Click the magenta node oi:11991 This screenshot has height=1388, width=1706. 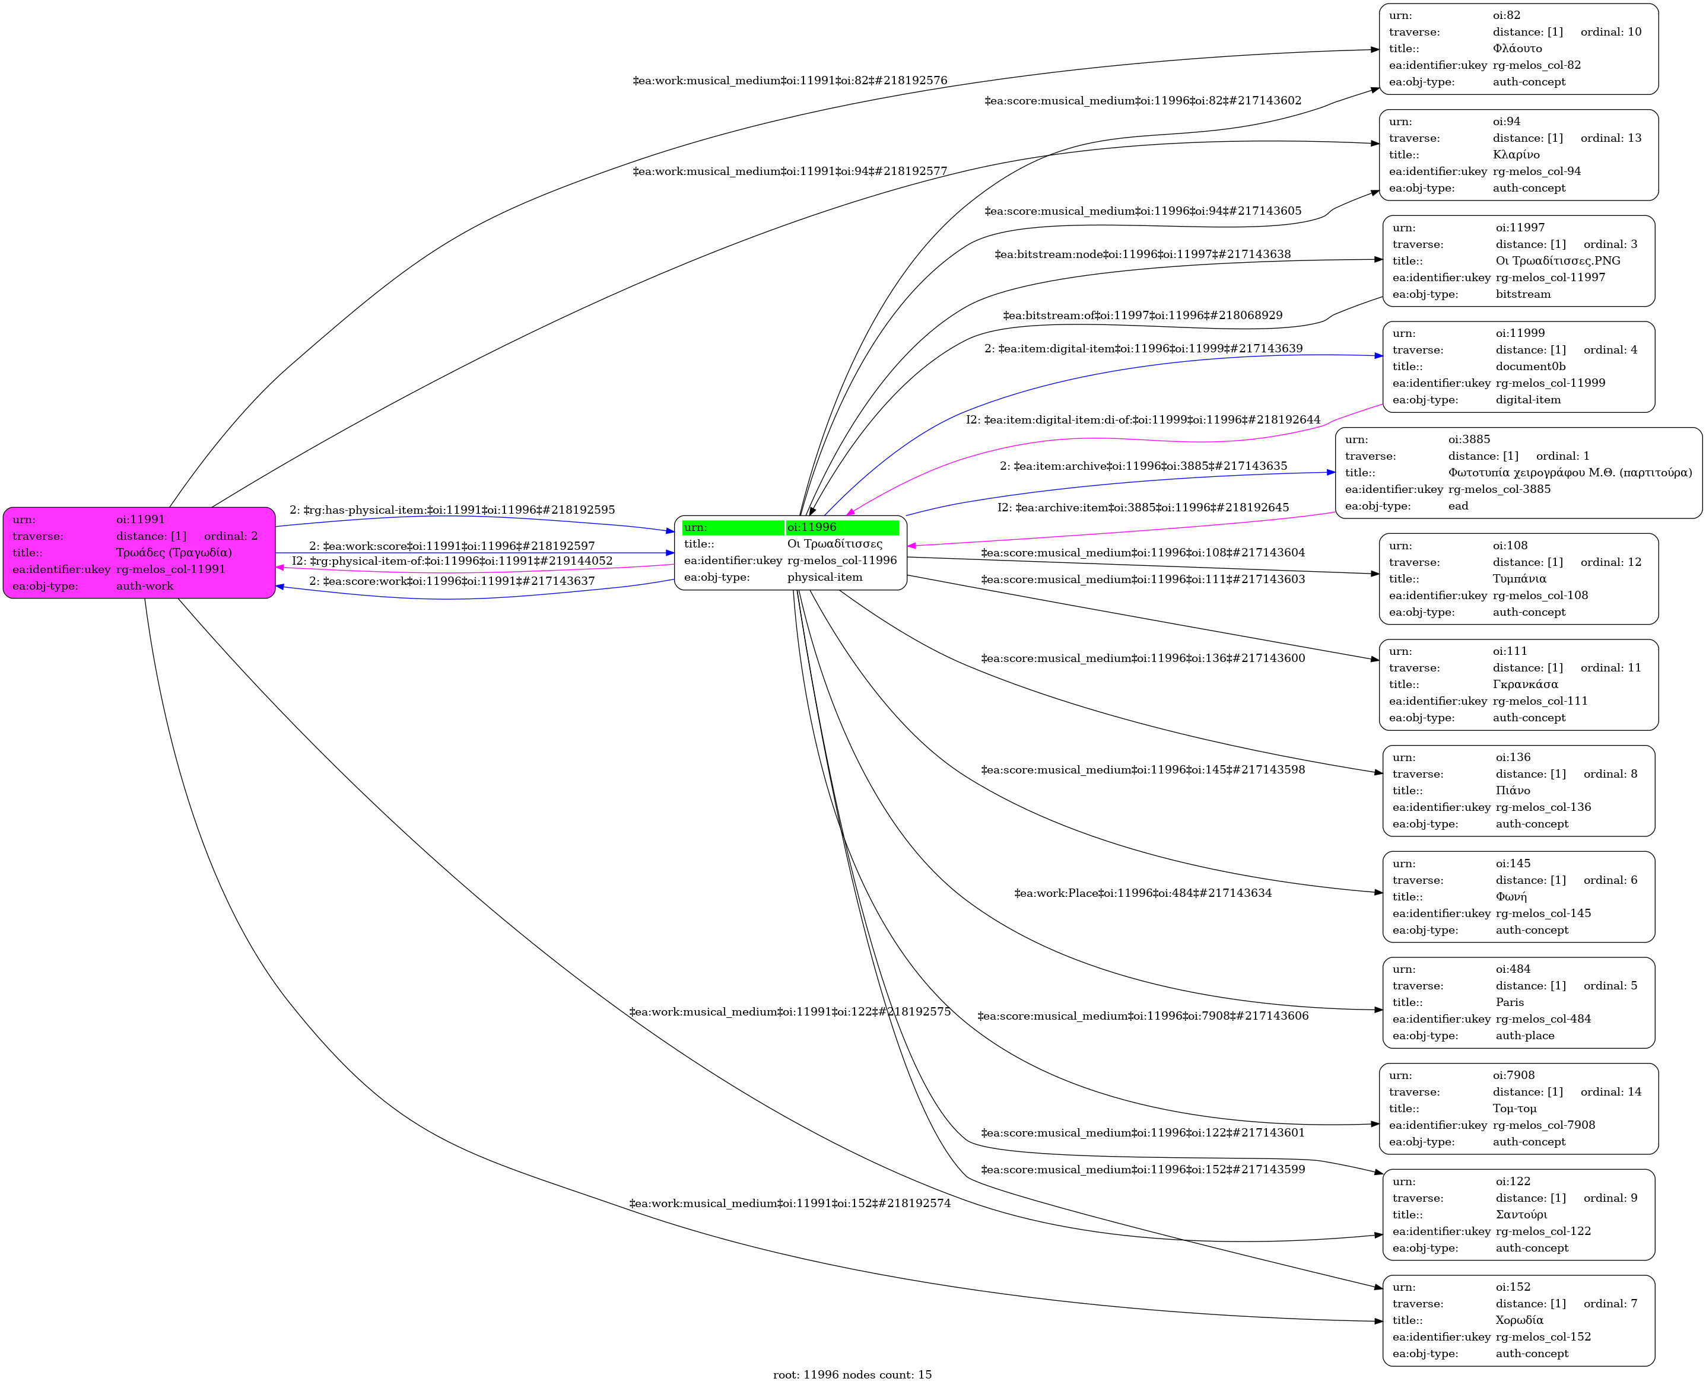[x=139, y=552]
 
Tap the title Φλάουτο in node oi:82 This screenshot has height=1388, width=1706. [x=1517, y=49]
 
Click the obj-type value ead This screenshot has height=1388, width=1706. [x=1458, y=505]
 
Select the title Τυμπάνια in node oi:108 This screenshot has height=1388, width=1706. [x=1520, y=578]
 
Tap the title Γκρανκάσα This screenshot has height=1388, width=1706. [x=1525, y=685]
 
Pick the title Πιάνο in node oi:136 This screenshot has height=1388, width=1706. [x=1513, y=791]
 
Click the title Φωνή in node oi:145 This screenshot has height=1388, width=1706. [x=1511, y=896]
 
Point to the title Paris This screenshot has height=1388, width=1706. [x=1510, y=1002]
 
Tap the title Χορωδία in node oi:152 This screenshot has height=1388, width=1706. [x=1520, y=1320]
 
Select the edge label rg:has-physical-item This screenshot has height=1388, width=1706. [x=453, y=510]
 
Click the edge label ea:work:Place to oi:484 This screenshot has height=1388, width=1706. [x=1143, y=893]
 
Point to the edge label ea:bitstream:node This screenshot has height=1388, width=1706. [x=1143, y=254]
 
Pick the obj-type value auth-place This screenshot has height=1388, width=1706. [x=1525, y=1036]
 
